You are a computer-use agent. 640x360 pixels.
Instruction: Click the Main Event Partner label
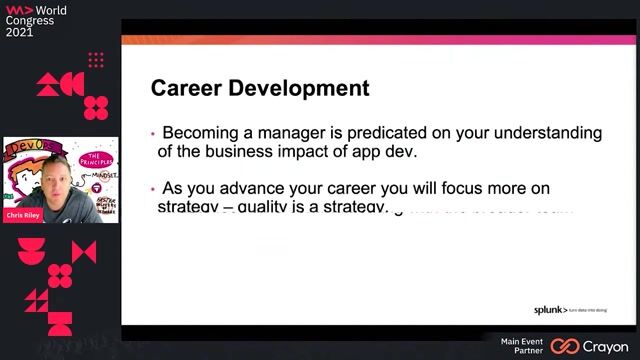tap(522, 346)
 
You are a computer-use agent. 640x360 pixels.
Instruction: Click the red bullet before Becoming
tap(153, 134)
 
